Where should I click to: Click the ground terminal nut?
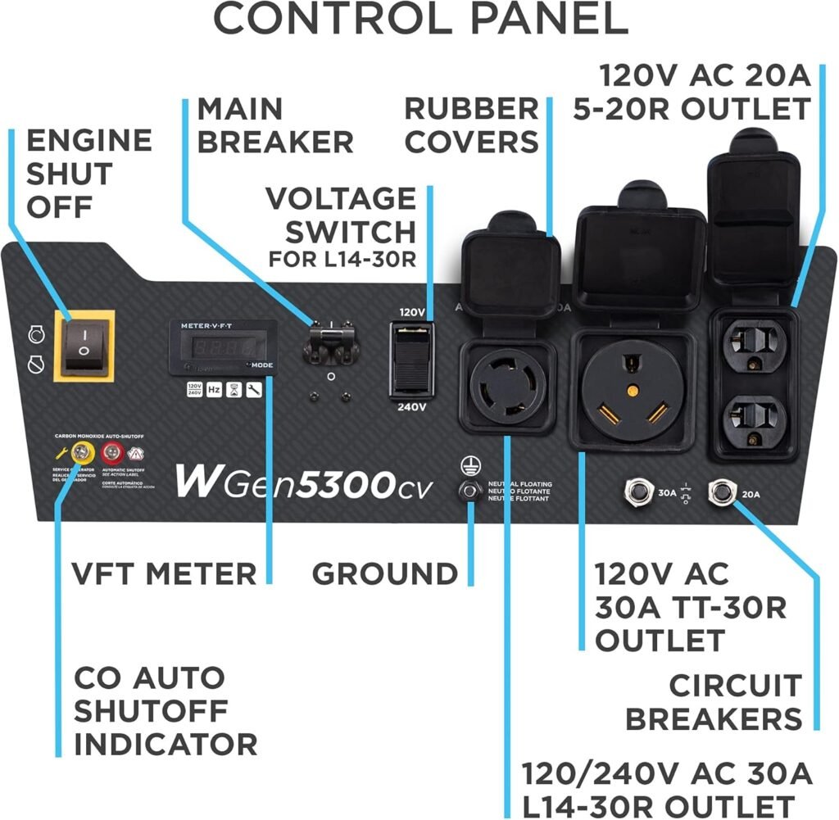tap(469, 491)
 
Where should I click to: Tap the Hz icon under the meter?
tap(214, 390)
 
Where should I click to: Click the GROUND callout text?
tap(383, 573)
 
